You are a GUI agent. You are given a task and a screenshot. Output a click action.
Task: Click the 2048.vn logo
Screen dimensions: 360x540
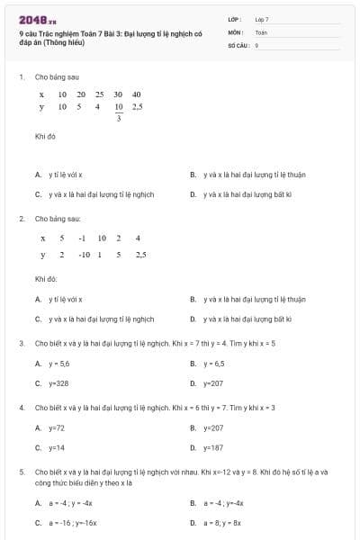tap(37, 19)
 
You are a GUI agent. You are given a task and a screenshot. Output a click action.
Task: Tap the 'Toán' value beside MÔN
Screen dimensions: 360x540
tap(261, 31)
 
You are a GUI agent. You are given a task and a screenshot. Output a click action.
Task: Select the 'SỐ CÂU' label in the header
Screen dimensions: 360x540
tap(238, 44)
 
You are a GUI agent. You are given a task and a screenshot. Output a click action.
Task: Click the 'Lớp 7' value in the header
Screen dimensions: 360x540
tap(262, 19)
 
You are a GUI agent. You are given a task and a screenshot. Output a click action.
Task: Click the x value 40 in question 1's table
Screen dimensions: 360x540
tap(136, 94)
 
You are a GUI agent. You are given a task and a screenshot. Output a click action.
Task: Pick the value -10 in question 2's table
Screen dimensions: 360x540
tap(85, 255)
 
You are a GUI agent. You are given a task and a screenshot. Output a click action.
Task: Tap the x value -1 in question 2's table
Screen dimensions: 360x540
tap(81, 238)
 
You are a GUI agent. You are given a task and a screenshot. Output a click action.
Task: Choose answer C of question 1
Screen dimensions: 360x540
tap(94, 193)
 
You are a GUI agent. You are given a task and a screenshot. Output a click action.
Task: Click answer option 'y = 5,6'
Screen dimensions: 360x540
tap(58, 364)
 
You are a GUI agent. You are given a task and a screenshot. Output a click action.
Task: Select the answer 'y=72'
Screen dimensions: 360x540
tap(56, 427)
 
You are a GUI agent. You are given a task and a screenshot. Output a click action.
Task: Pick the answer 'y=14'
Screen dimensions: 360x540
tap(56, 447)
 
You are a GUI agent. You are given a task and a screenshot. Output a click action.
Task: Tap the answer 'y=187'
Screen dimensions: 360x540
tap(212, 447)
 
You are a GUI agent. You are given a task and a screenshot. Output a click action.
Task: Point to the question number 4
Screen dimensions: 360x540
tap(21, 408)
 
